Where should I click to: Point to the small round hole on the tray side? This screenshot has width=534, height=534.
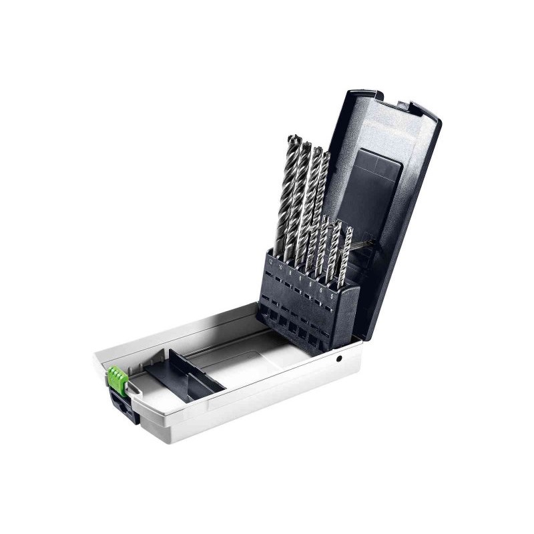[x=338, y=359]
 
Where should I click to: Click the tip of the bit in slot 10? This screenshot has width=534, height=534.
[x=306, y=144]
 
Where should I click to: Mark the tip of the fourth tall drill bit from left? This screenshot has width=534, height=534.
[x=326, y=155]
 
